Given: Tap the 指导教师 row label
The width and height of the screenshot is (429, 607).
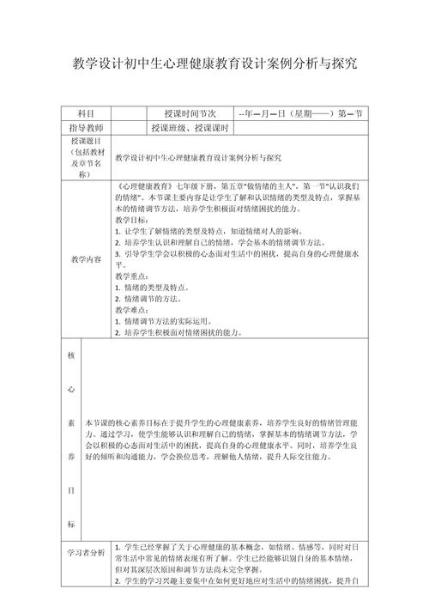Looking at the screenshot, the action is [85, 128].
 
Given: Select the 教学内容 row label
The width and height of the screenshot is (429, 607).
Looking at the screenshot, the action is [85, 258].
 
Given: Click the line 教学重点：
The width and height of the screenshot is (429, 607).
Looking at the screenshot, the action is [131, 276].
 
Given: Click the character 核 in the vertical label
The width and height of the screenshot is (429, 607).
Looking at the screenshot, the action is [69, 354].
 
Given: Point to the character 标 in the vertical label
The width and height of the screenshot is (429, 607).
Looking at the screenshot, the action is [69, 524].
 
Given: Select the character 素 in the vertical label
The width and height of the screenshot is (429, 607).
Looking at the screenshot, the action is [69, 422].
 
